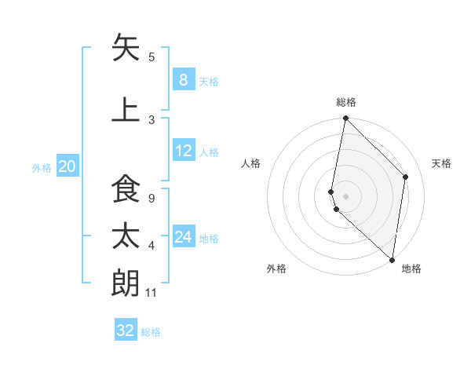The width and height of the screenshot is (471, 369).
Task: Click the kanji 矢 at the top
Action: (x=126, y=48)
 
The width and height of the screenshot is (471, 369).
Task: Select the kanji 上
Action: (x=126, y=108)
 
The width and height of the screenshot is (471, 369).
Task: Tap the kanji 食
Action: (x=126, y=192)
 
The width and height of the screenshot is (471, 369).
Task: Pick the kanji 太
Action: (x=126, y=237)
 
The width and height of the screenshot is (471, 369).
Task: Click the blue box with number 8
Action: (x=183, y=80)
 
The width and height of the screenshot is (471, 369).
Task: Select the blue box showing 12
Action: (x=183, y=151)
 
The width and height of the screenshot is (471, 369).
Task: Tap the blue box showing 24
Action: (x=183, y=237)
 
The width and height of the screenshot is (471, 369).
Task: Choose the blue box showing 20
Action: (x=67, y=166)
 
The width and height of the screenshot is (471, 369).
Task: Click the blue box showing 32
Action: (x=126, y=331)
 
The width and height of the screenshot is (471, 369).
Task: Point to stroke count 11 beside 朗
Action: (x=152, y=293)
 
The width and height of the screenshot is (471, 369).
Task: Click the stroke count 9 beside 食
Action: (x=151, y=198)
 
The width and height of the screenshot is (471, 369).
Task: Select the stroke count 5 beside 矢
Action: (x=152, y=57)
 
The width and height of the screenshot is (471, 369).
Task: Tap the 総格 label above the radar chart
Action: (x=346, y=102)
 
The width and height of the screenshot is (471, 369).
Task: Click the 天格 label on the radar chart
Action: (x=441, y=163)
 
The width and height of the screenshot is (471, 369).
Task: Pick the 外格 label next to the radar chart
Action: (x=276, y=269)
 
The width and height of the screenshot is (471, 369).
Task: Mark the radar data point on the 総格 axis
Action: (x=345, y=119)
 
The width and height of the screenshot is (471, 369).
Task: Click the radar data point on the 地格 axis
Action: (x=392, y=259)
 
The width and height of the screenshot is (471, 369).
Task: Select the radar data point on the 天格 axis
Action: (x=406, y=177)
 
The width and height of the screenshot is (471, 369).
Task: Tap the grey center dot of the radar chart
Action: (x=345, y=195)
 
